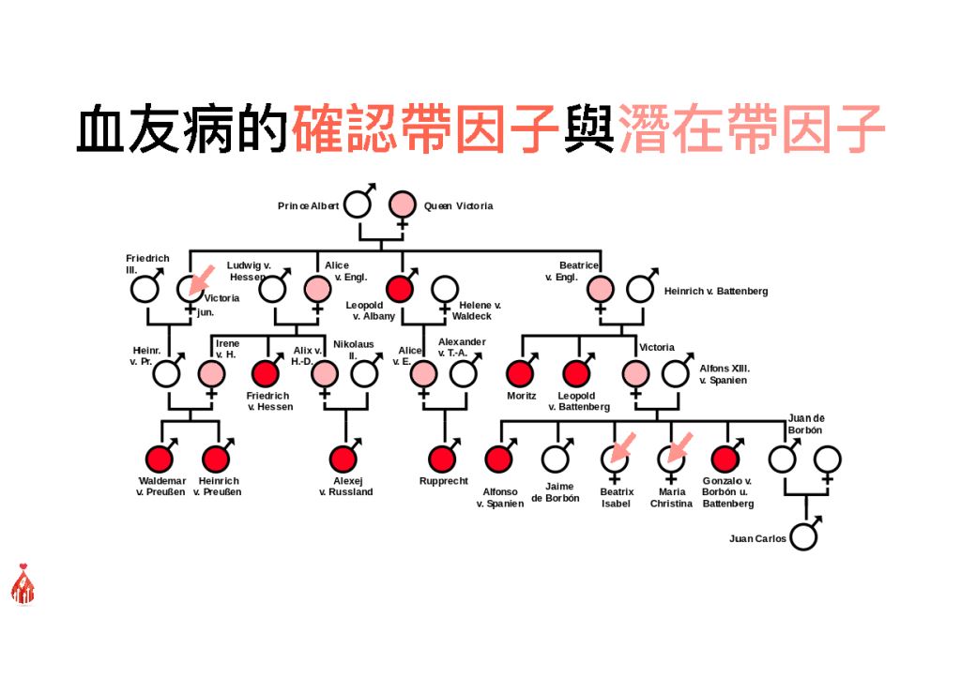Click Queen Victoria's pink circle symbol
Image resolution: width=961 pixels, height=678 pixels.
(402, 204)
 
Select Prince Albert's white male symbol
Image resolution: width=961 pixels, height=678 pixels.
(358, 203)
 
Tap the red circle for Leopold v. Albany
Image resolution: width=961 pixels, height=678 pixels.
(400, 289)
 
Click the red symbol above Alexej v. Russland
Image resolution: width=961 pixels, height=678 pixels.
(343, 459)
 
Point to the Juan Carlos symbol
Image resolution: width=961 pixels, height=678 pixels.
(803, 537)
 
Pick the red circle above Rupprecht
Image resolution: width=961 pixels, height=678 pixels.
(442, 459)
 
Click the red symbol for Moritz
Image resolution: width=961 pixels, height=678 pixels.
(520, 373)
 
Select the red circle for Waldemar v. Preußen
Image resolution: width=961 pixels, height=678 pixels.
(160, 459)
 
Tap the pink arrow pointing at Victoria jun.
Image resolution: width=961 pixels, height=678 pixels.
(201, 279)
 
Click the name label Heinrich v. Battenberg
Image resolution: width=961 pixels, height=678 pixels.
(716, 291)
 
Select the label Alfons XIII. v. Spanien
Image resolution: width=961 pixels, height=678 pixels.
(724, 374)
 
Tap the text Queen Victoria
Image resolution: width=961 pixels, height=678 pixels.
(458, 205)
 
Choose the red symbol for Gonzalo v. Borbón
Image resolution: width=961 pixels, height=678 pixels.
(725, 459)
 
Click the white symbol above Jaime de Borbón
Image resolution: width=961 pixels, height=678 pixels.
(556, 459)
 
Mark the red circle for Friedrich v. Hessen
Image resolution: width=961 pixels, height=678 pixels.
(266, 373)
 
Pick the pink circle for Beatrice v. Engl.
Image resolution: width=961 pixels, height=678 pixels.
(600, 289)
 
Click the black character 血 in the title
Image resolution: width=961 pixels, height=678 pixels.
(99, 128)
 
